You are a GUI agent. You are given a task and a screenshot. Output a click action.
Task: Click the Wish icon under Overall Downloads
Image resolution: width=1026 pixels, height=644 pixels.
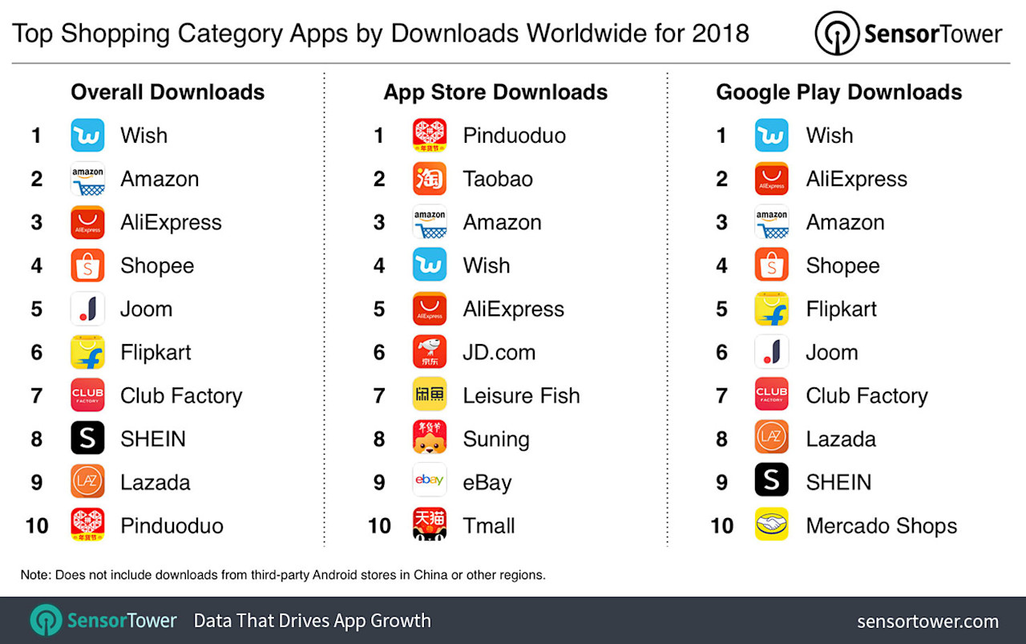pos(87,136)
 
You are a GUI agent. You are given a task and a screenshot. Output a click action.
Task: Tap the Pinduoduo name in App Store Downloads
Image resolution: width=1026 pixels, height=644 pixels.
pos(514,136)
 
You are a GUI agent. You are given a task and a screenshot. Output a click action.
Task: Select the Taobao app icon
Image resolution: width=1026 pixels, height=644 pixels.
pos(430,179)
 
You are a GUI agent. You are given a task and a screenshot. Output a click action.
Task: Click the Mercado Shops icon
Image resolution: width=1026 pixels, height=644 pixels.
pos(771,525)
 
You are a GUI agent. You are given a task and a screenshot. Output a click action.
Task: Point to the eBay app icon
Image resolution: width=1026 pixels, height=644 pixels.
pos(430,482)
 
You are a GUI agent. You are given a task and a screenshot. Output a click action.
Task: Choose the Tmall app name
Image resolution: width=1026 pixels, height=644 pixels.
pos(489,526)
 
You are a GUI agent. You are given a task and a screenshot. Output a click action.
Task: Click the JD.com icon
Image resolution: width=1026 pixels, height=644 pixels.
pos(430,352)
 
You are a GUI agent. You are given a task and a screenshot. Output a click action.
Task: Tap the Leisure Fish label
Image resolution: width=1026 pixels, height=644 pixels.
pos(521,395)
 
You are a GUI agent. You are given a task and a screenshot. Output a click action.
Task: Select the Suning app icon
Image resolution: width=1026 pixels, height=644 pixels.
pos(430,439)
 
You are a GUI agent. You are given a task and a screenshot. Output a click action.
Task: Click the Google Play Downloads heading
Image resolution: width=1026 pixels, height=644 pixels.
pos(838,92)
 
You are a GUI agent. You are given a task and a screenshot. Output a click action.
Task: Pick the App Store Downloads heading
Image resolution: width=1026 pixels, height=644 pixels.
pos(495,92)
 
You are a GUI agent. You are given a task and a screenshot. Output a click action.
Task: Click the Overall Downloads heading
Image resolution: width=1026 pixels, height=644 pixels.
pos(168,92)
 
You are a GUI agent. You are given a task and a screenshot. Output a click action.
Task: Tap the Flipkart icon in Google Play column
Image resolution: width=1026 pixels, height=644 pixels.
pos(771,309)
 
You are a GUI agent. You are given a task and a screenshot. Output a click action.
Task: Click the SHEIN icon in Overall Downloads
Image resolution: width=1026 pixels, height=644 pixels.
pos(87,439)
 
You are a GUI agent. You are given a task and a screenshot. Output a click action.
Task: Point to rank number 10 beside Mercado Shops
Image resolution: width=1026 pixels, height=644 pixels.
pos(721,526)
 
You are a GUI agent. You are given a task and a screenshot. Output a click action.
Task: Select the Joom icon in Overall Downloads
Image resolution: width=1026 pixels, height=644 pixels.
pos(87,309)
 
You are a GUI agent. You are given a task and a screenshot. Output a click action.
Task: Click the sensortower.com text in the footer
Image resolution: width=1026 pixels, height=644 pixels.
pos(927,622)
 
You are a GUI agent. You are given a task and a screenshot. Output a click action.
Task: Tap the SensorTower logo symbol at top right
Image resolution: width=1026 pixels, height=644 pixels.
pos(837,33)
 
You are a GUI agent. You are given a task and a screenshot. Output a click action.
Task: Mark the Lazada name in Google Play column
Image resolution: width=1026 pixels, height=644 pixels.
pos(841,439)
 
